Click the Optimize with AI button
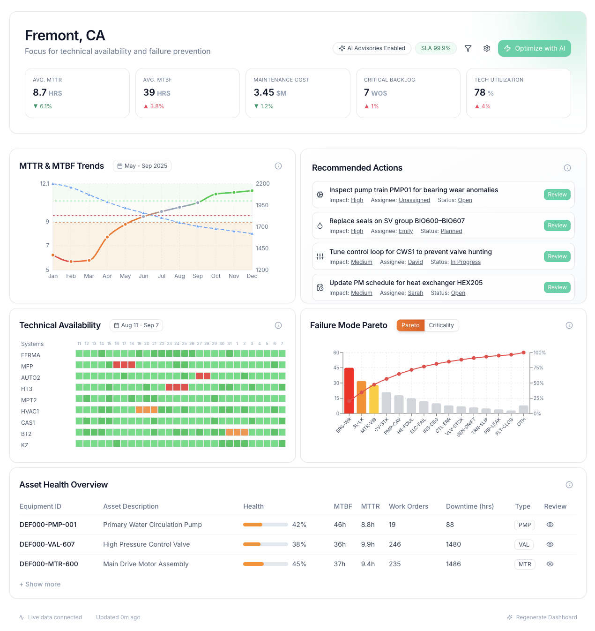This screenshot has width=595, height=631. click(534, 48)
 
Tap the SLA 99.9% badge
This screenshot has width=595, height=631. click(435, 48)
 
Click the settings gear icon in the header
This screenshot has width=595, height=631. click(487, 48)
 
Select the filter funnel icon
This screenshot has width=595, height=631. click(468, 48)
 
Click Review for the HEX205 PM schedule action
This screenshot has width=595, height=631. click(557, 287)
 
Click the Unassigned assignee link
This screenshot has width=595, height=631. click(414, 200)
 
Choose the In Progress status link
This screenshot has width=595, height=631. click(465, 262)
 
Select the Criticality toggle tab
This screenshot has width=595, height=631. click(441, 325)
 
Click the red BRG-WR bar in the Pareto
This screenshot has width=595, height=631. click(349, 390)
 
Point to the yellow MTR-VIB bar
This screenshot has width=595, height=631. click(374, 399)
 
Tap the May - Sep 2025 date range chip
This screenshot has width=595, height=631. click(142, 166)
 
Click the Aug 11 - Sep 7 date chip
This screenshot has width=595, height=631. click(136, 325)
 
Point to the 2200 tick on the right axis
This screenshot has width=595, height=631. click(262, 184)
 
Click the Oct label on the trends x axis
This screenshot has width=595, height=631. click(216, 276)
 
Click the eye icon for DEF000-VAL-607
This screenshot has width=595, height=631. click(550, 544)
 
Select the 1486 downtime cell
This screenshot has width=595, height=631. click(453, 564)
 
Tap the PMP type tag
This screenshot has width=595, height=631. click(524, 525)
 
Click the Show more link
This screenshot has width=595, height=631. click(40, 584)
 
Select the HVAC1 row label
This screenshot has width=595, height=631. click(30, 412)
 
